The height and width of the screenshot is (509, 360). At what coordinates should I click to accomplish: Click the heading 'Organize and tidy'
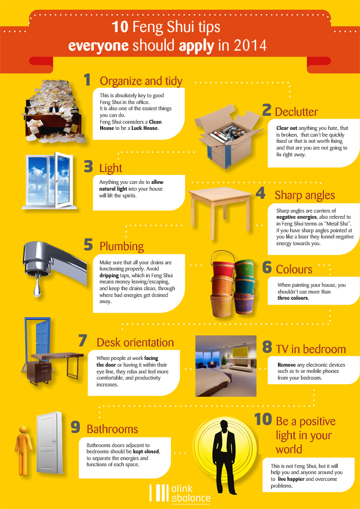point(141,81)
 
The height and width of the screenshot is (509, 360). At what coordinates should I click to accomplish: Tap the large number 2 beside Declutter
point(267,110)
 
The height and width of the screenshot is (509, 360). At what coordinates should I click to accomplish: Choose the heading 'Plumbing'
point(121,246)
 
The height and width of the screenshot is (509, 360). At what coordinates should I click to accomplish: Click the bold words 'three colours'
point(292,298)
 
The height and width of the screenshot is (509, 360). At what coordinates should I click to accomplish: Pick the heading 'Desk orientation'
point(135,343)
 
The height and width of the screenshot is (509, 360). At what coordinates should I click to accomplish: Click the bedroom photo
point(226,366)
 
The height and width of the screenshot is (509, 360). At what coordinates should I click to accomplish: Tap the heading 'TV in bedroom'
point(310,349)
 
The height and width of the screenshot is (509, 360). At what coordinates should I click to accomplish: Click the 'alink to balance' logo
point(180,493)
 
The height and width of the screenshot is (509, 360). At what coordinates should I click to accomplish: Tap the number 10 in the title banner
point(120,28)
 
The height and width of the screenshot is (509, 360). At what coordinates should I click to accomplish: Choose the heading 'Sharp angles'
point(305,195)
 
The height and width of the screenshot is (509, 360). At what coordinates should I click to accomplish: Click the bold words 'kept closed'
point(146,452)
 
